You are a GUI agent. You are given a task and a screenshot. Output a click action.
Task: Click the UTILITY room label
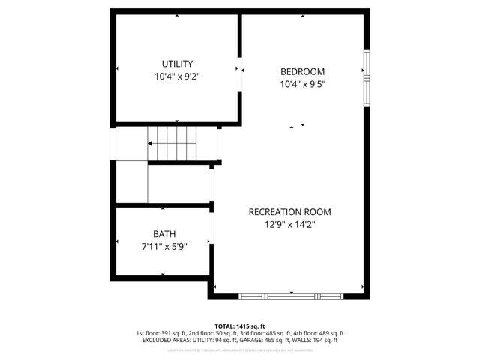(178, 64)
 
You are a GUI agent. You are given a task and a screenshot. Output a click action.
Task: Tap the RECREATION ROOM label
(289, 212)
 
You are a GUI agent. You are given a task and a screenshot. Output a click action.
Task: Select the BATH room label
(164, 234)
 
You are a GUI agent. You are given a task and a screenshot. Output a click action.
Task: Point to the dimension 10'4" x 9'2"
(178, 76)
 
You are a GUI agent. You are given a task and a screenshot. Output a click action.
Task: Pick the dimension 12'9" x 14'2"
(289, 225)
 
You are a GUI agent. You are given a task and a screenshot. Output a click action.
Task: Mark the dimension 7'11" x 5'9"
(164, 246)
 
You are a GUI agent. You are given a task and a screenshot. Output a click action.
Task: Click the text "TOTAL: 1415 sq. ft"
(239, 325)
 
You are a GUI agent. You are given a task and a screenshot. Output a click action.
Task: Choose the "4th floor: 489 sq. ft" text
(319, 333)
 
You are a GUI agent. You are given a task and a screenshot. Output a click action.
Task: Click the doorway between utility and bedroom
(240, 68)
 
